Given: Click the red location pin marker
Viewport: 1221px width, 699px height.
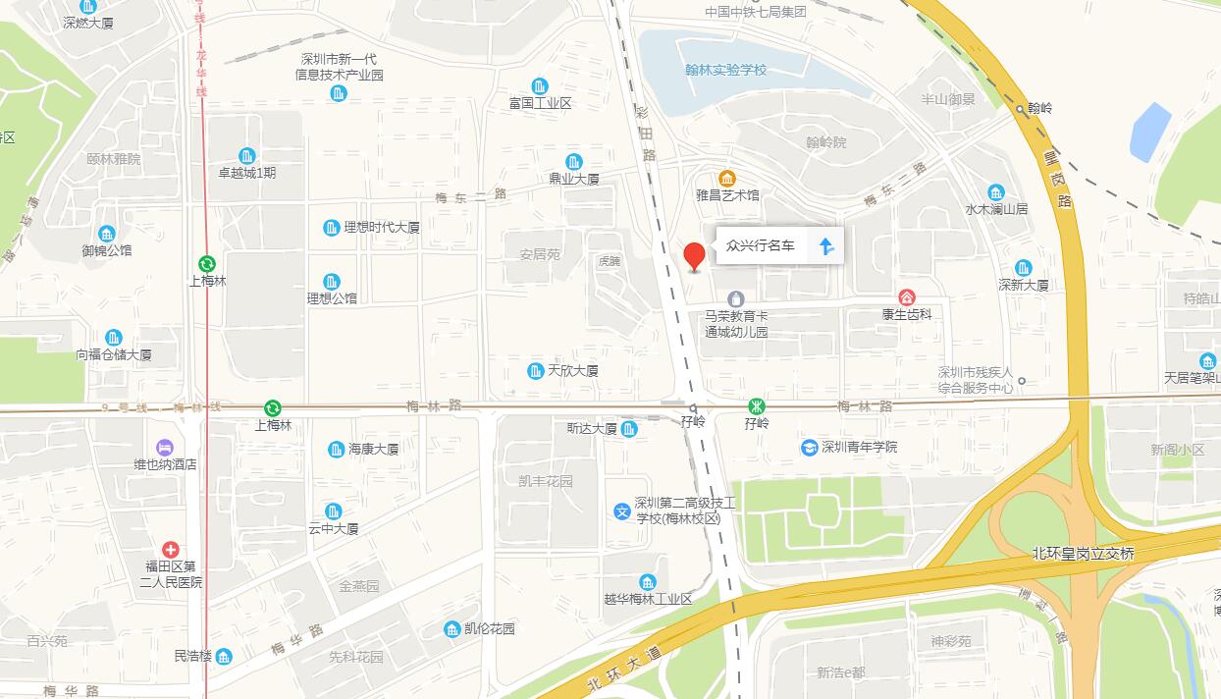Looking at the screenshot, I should [694, 255].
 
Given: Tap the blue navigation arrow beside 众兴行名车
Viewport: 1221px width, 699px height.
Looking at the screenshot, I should [825, 245].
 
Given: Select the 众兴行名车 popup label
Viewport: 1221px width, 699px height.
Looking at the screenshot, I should [761, 245].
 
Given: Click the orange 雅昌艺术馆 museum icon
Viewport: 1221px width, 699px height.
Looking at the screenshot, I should [727, 178].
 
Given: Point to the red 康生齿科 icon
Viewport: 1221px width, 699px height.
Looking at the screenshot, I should [907, 296].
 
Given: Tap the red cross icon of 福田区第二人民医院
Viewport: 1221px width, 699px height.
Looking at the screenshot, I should [171, 549].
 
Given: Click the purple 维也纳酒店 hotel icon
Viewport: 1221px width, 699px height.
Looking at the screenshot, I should [164, 447].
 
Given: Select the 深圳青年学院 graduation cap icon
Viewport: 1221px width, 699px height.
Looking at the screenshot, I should [809, 448].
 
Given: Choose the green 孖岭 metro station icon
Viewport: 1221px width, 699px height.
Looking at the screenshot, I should [756, 405].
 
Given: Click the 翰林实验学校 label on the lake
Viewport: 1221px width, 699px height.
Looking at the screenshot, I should [725, 71].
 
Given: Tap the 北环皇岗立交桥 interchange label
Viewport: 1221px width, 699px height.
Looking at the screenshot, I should [1083, 554].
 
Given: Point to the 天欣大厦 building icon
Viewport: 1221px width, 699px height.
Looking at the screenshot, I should [536, 371].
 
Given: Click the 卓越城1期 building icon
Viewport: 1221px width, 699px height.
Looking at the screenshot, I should [246, 155].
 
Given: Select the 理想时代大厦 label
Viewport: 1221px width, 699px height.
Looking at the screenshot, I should [381, 228].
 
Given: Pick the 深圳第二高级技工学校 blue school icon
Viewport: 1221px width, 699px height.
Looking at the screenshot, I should [622, 511].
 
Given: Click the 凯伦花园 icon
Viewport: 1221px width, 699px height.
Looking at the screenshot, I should [451, 628].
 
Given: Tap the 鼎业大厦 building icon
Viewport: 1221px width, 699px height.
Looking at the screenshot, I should [574, 162].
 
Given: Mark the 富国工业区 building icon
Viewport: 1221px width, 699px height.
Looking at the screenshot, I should [539, 86].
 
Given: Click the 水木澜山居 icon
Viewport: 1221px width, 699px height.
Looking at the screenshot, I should [996, 191].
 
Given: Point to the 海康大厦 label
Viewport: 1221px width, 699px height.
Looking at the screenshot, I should [373, 450].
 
